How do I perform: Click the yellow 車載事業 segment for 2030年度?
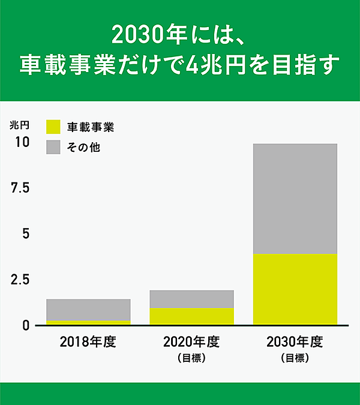pos(295,289)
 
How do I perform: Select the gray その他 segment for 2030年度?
pos(295,199)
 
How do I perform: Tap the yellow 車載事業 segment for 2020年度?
pos(191,316)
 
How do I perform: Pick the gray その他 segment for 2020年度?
pos(191,299)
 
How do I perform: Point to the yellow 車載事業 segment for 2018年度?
pos(88,323)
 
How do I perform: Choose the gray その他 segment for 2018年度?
pos(88,310)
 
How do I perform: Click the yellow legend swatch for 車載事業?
pos(53,127)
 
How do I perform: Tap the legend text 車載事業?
pos(90,127)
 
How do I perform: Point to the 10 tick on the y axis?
pos(22,143)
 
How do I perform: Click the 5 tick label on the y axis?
pos(25,234)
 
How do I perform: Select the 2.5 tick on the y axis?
pos(20,280)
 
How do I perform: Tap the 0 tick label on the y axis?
pos(25,325)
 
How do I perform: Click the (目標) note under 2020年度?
pos(191,359)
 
